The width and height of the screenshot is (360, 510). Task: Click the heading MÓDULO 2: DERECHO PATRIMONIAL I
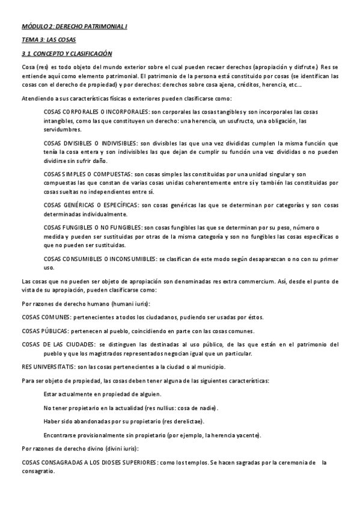(x=75, y=27)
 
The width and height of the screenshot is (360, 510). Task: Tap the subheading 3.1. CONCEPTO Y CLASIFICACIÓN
(x=67, y=54)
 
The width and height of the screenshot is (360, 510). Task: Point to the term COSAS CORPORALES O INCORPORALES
(x=96, y=112)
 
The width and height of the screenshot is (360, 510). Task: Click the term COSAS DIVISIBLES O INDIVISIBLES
(x=91, y=144)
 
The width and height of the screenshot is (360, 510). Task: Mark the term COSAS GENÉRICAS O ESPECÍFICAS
(x=90, y=205)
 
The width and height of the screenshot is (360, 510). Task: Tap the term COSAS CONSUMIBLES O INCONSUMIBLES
(x=100, y=259)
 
